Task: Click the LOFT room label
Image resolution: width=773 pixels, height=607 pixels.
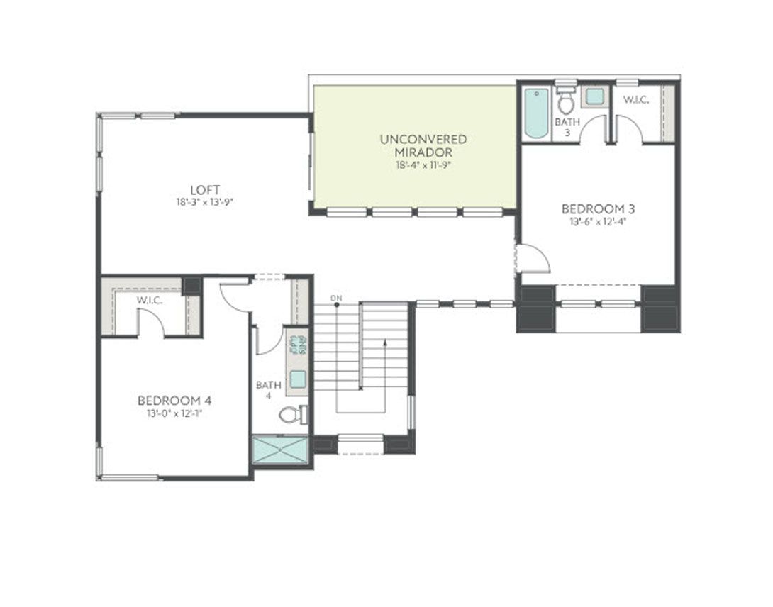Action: pyautogui.click(x=204, y=189)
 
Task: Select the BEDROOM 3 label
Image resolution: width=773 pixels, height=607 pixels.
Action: pyautogui.click(x=597, y=208)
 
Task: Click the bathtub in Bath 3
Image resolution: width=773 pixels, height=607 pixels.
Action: pyautogui.click(x=535, y=113)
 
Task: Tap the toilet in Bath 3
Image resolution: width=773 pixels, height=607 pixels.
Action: pyautogui.click(x=565, y=104)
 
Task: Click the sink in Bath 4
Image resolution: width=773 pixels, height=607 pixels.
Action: pyautogui.click(x=297, y=379)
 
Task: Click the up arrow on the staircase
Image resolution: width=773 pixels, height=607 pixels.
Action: pyautogui.click(x=384, y=344)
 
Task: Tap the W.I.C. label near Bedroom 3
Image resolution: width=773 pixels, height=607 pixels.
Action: pyautogui.click(x=635, y=100)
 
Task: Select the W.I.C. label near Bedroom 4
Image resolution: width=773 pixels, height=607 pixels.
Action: pyautogui.click(x=150, y=301)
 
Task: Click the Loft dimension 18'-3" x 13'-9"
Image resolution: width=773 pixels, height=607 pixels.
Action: pyautogui.click(x=204, y=201)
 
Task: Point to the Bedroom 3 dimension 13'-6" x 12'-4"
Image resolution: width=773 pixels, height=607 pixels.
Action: pyautogui.click(x=597, y=221)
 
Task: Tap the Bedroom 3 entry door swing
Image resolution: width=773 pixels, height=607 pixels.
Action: pyautogui.click(x=533, y=259)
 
